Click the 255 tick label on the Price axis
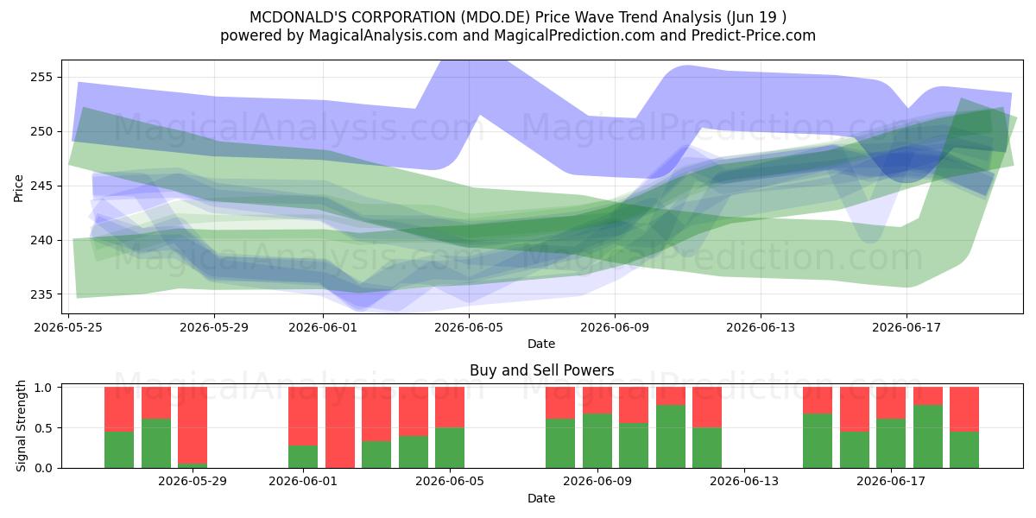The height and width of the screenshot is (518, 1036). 41,77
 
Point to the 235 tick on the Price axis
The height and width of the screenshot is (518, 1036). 41,294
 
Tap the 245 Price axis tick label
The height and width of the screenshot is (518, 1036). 41,186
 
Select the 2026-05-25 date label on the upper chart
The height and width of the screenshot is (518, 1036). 68,327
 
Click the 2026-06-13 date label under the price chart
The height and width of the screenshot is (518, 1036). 761,327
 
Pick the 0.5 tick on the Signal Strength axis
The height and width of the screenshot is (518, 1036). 43,428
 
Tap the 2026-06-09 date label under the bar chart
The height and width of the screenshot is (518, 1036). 597,482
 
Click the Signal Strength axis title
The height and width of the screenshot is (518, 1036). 21,426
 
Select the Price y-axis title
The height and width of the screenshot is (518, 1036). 18,188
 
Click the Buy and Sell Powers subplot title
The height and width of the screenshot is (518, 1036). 541,370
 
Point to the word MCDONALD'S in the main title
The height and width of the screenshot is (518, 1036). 298,17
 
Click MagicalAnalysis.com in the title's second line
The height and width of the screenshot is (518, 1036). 383,35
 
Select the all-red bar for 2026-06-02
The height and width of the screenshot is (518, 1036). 340,427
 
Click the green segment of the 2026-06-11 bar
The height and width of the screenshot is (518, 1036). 671,437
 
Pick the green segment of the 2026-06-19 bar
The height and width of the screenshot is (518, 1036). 964,450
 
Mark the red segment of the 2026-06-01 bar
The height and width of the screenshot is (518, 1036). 303,416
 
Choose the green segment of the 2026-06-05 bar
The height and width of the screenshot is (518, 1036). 450,448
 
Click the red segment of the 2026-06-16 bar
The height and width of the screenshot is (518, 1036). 855,409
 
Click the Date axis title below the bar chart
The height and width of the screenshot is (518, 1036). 541,498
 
